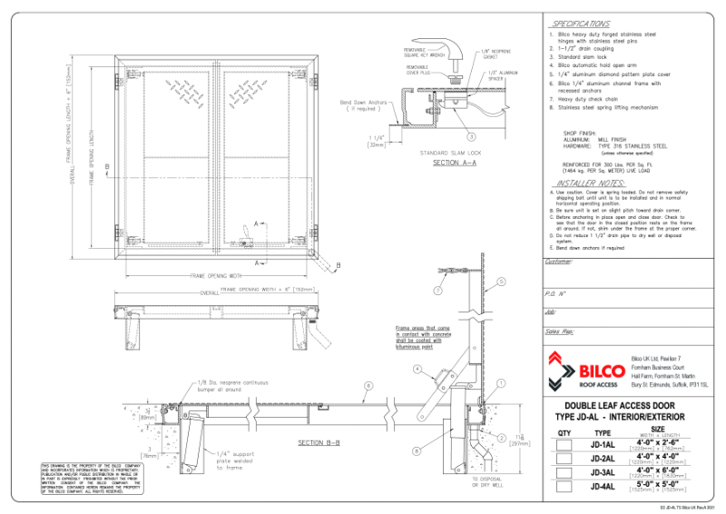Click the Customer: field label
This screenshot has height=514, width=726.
point(559,262)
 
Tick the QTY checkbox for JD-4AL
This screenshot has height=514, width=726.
point(564,487)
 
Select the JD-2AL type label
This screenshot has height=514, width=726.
point(603,460)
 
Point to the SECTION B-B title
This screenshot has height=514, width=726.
point(319,442)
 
